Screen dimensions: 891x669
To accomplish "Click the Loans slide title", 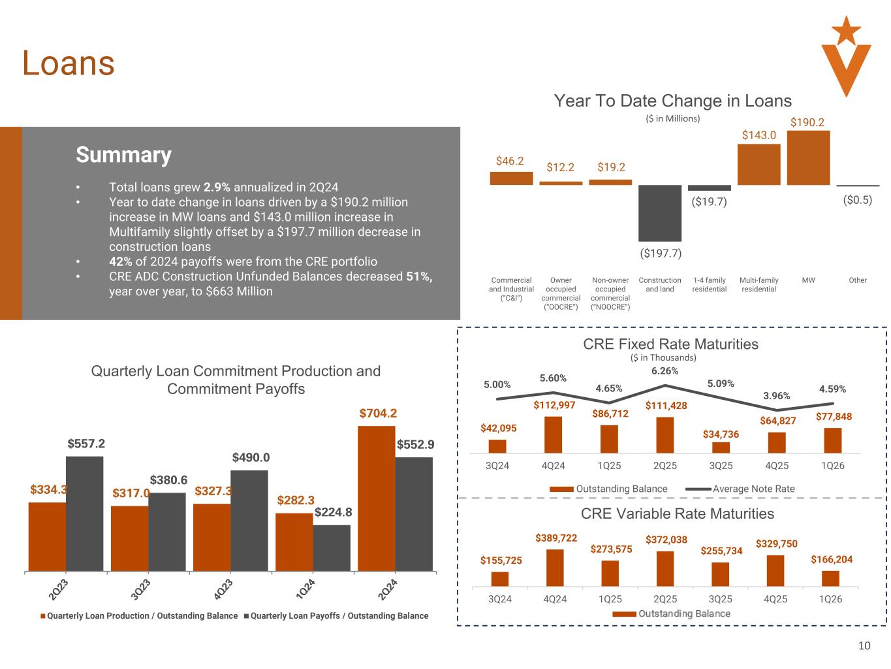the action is pos(68,63).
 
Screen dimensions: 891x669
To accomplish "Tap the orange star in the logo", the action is pos(846,31).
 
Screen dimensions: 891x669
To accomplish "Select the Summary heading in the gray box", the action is pos(123,155).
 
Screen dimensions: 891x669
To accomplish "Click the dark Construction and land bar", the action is pos(660,213).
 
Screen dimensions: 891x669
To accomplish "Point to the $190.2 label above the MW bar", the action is pos(807,122).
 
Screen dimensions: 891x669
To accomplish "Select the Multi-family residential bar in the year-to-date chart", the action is pos(758,165).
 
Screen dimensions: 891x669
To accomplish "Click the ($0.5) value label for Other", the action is pos(857,200).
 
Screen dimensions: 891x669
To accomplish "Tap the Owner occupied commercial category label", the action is pos(561,293).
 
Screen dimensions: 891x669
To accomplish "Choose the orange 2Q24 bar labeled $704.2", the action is pos(376,498).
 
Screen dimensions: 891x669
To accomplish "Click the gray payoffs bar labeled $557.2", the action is pos(84,514).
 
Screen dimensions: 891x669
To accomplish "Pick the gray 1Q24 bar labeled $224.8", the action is pos(332,548).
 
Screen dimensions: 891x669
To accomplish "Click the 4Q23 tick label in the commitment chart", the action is pos(223,589).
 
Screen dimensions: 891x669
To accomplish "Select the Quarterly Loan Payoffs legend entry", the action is pos(336,616).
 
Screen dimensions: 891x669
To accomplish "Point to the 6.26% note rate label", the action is pos(664,371).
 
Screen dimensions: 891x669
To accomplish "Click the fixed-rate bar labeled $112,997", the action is pos(553,434).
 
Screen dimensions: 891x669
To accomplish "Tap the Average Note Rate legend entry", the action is pos(740,489).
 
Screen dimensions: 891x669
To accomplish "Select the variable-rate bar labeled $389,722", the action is pos(555,568).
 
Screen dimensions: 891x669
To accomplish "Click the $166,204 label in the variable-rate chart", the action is pos(832,559).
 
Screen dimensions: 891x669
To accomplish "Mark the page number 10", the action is pos(864,646).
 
